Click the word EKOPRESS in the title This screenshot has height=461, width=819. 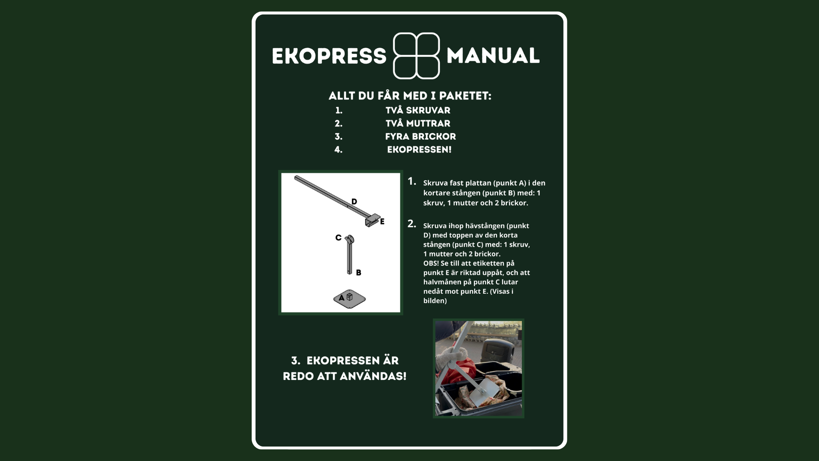coord(329,56)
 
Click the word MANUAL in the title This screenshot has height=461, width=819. coord(493,55)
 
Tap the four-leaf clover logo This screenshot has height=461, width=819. coord(416,56)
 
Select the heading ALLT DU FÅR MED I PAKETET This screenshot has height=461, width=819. coord(410,96)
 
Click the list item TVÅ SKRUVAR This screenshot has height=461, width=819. coord(418,110)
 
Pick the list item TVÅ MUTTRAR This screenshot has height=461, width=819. coord(418,123)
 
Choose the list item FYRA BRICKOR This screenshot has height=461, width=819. coord(421,137)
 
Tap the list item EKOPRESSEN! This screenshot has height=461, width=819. coord(419,150)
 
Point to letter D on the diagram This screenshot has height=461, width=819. coord(354,201)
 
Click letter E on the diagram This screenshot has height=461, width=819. coord(382,222)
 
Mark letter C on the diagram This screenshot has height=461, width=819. coord(338,238)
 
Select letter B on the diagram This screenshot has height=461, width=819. coord(359,272)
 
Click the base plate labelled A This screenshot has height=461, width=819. coord(349,299)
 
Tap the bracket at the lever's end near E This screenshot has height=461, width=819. coord(372,220)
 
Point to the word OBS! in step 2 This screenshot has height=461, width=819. coord(431,263)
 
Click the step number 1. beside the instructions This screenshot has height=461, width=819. coord(412,181)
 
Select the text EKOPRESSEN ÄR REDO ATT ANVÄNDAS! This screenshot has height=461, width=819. coord(345,368)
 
